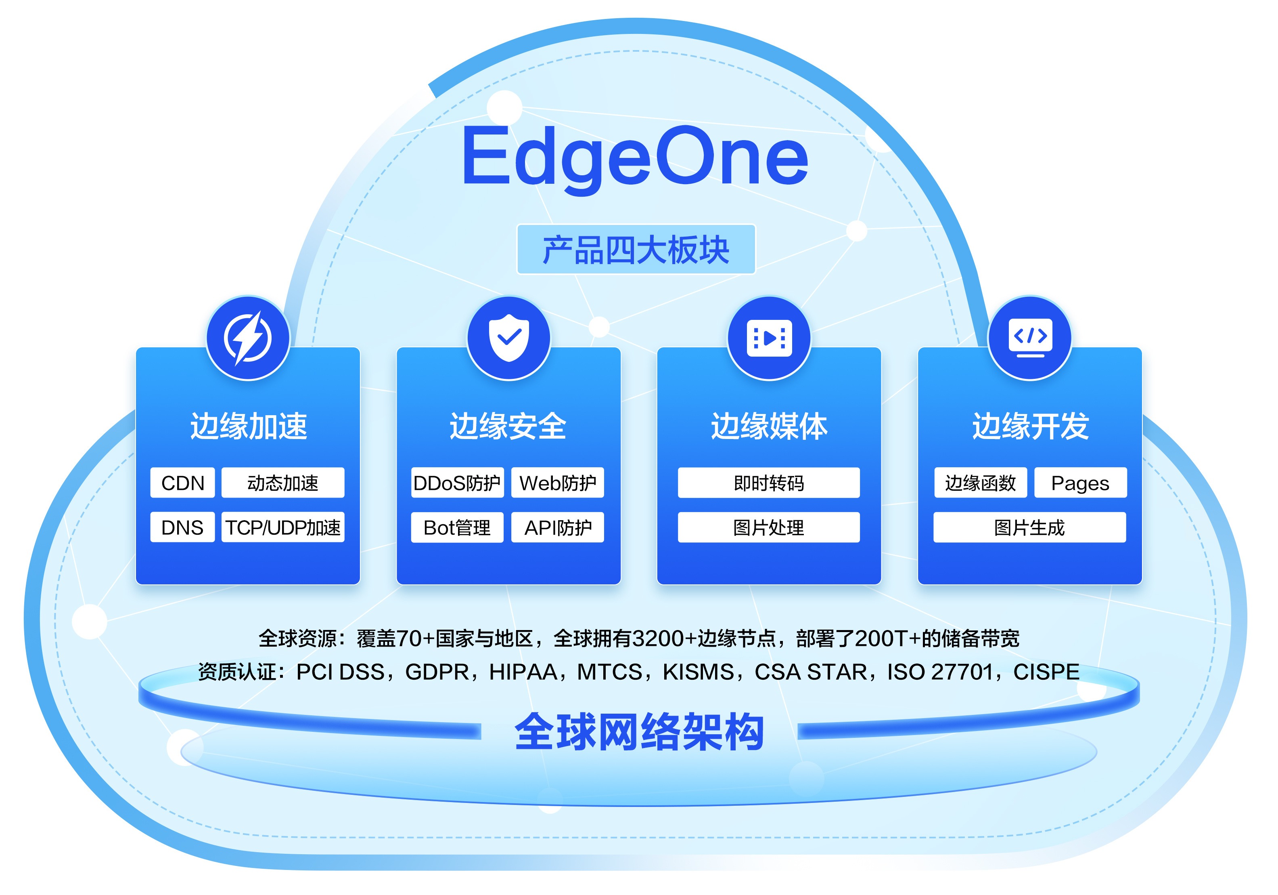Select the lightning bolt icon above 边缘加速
pos(248,338)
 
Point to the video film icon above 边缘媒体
pos(769,338)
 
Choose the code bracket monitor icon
pos(1030,338)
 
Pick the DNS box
pos(182,527)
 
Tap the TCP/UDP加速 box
pos(283,527)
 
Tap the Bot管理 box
pos(457,527)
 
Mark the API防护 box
pos(558,527)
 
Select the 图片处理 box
pos(769,527)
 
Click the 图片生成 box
pos(1030,527)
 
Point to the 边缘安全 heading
pos(508,426)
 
